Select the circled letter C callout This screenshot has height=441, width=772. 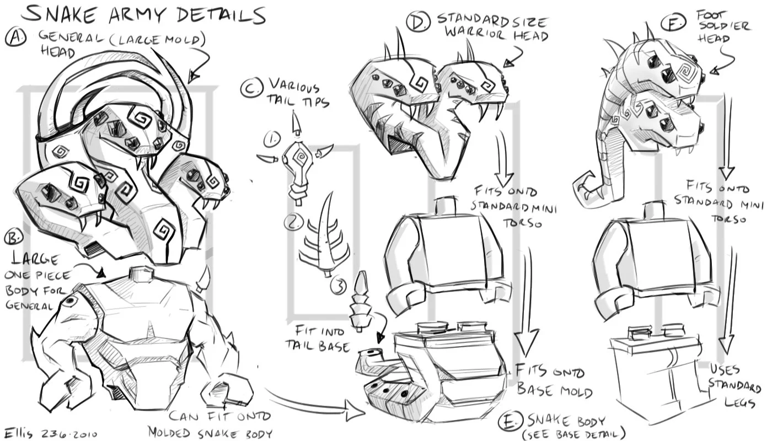coord(252,87)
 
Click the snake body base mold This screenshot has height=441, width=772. coord(436,369)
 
